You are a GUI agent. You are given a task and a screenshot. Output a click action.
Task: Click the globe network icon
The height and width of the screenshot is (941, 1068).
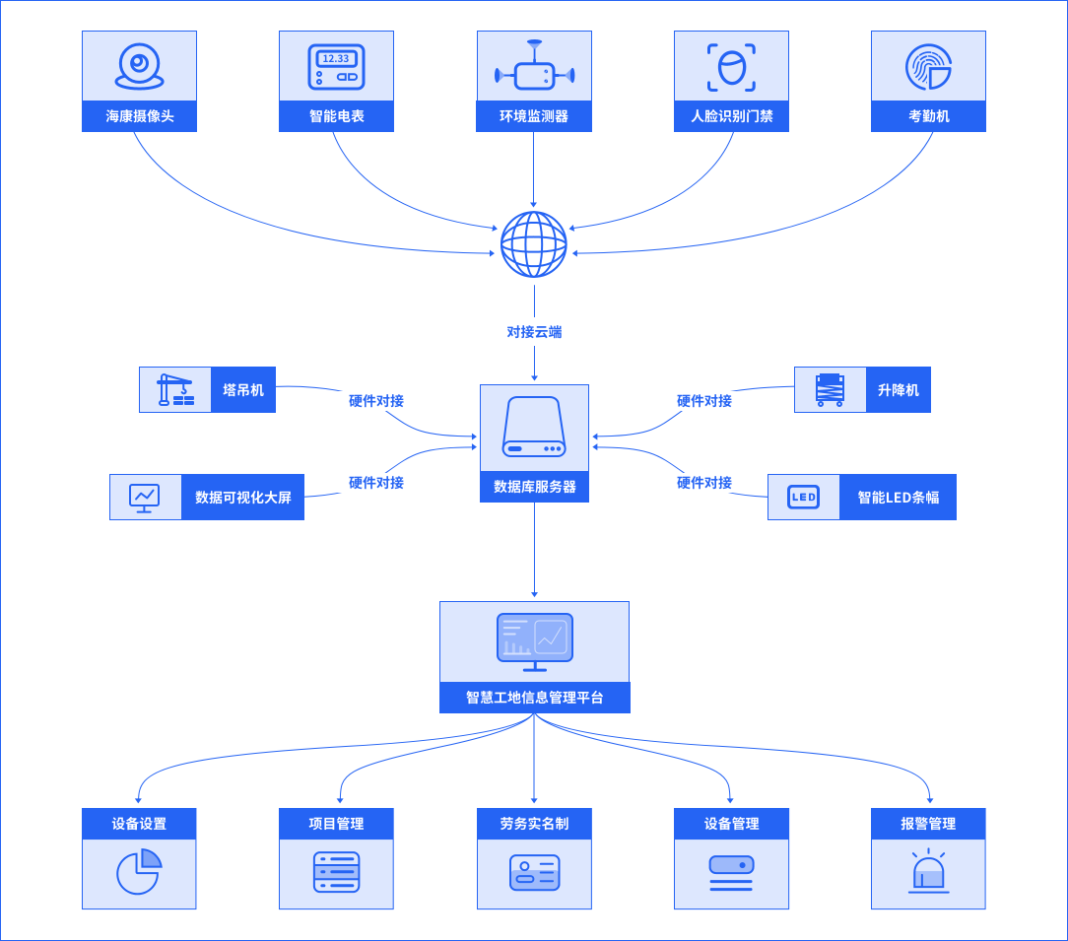tap(534, 244)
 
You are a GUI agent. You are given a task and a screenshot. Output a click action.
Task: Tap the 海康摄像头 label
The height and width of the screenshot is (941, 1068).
tap(140, 116)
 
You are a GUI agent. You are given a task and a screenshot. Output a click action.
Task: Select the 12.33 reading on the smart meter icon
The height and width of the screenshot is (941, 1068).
tap(336, 58)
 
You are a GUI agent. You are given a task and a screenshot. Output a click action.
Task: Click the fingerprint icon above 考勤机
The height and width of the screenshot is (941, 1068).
tap(928, 67)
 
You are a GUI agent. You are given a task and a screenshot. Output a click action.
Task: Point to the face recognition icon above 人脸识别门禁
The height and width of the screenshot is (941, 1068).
tap(731, 67)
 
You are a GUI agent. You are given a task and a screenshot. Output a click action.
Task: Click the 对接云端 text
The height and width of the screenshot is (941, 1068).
tap(534, 332)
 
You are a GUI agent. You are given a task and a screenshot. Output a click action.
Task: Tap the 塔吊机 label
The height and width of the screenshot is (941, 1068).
tap(243, 390)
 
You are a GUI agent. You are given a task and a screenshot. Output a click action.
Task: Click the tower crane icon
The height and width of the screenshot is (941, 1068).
tap(175, 390)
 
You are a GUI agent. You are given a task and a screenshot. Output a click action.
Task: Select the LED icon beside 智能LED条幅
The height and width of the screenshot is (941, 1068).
tap(804, 497)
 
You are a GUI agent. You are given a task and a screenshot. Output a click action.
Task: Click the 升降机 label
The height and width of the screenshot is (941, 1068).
tap(899, 390)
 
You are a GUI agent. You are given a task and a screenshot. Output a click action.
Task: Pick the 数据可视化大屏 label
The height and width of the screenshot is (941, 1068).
tap(243, 498)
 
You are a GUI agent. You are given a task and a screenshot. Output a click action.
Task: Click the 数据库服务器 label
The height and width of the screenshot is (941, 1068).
tap(535, 487)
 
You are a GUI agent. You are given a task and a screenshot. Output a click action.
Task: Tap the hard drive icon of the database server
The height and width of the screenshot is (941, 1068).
tap(534, 427)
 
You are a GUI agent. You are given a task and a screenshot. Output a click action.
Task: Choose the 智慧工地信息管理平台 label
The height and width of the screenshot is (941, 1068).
tap(535, 697)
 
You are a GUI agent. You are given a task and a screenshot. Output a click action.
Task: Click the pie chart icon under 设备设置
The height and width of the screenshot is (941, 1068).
tap(139, 871)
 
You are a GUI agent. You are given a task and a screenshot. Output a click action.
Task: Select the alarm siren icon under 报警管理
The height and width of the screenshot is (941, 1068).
tap(928, 871)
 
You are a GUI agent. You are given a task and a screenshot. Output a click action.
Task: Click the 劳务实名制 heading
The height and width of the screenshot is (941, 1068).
tap(534, 823)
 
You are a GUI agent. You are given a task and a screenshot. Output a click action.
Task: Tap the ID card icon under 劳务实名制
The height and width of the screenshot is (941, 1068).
tap(535, 872)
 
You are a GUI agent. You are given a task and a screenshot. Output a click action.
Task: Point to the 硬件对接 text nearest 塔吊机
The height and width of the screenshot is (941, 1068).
tap(376, 401)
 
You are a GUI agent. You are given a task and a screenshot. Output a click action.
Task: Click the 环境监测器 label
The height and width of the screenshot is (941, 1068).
tap(534, 116)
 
